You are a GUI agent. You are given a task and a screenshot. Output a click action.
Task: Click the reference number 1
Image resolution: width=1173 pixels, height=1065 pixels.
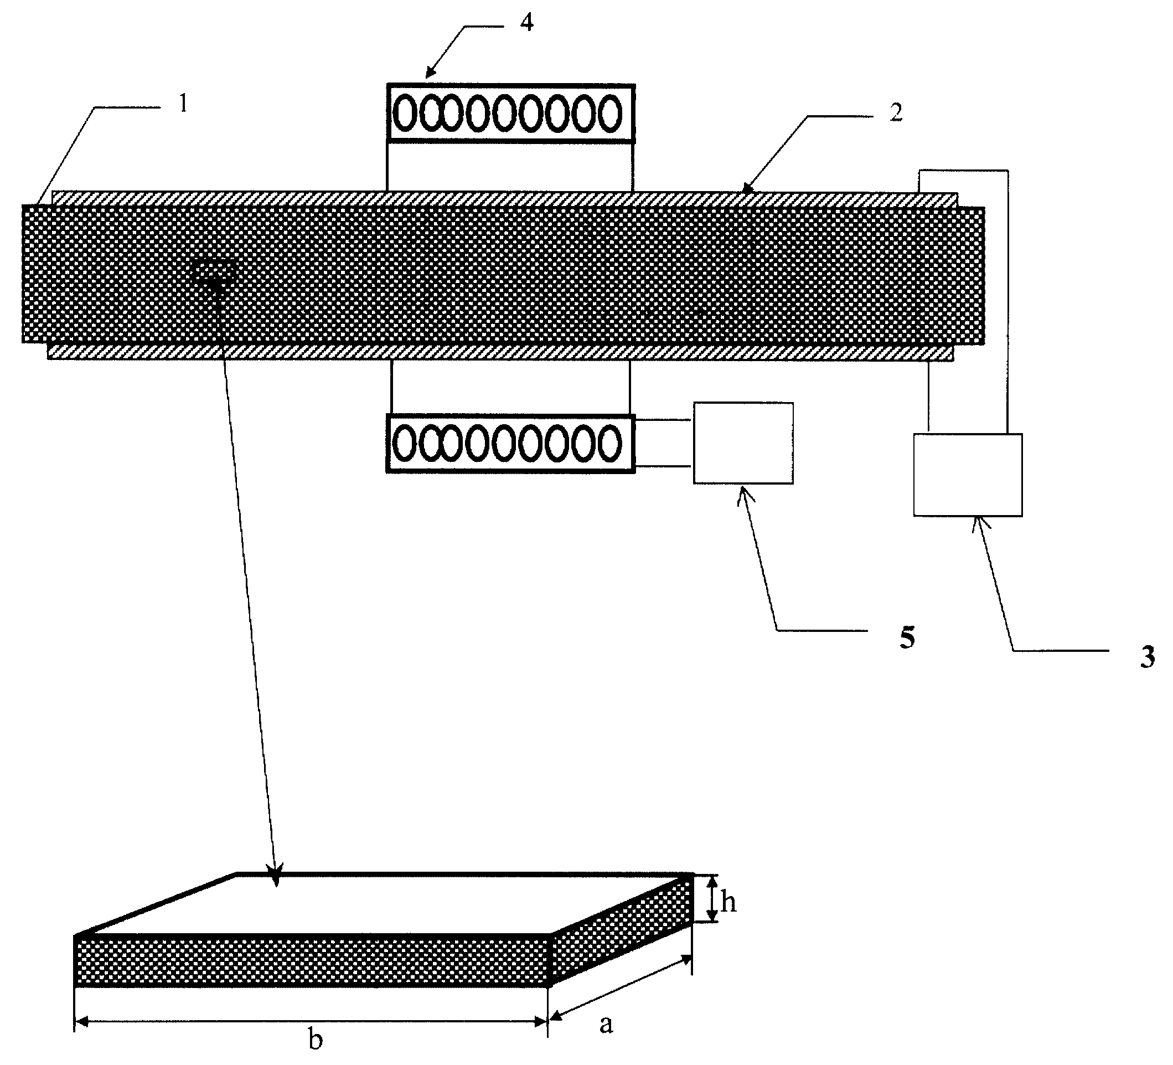tap(183, 104)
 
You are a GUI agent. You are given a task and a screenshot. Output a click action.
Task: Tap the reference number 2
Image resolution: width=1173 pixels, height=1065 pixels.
tap(896, 112)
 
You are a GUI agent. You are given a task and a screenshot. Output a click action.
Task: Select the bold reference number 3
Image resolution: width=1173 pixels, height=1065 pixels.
tap(1148, 657)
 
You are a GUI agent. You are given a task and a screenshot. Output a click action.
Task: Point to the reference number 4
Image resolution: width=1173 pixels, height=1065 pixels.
tap(526, 22)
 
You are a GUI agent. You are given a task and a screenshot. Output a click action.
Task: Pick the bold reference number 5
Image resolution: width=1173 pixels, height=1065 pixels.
tap(908, 639)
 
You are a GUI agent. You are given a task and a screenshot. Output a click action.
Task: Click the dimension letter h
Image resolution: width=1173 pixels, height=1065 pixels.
tap(728, 903)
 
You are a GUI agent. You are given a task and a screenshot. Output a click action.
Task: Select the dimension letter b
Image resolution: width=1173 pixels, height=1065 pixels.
tap(316, 1038)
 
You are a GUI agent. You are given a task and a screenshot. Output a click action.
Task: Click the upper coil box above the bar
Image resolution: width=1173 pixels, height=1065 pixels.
tap(511, 113)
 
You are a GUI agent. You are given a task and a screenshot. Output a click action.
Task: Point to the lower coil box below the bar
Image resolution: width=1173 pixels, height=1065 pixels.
tap(510, 443)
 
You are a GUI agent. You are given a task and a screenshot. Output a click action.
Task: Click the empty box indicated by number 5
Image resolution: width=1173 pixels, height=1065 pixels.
tap(743, 443)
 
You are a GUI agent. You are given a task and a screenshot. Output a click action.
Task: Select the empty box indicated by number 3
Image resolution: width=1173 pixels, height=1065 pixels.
tap(968, 475)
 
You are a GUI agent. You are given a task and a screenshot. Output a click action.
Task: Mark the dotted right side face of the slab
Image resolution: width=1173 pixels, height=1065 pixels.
tap(622, 930)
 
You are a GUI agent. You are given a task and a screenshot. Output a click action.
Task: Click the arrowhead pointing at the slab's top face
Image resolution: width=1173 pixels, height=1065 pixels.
tap(275, 878)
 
